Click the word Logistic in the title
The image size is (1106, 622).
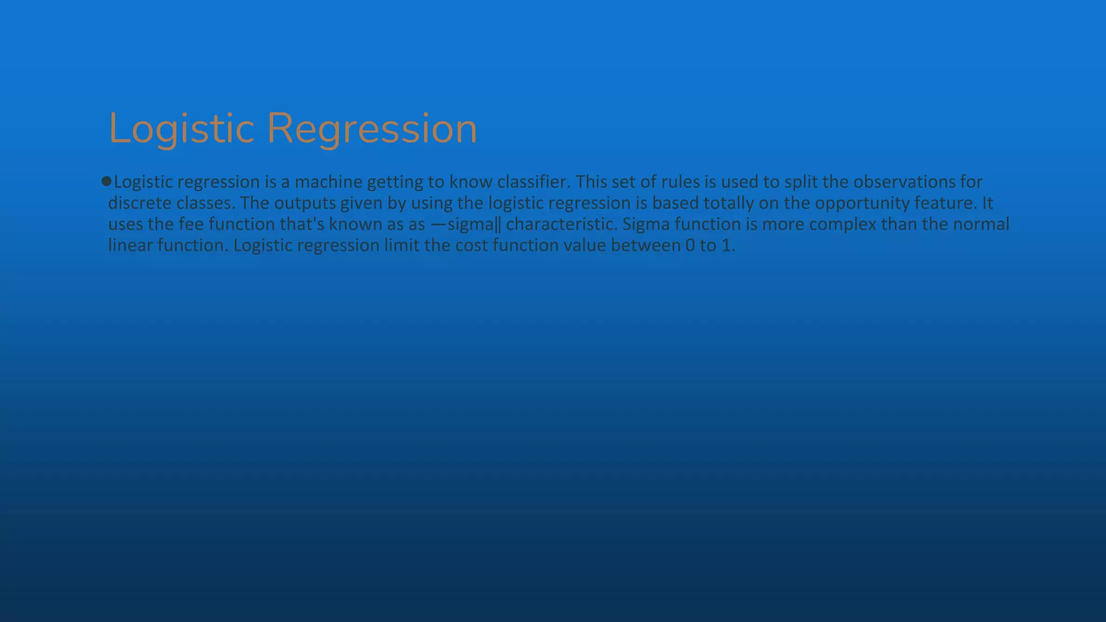click(181, 129)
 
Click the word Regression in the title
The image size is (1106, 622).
click(372, 129)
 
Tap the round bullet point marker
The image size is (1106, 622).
click(106, 181)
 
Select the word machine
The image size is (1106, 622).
click(328, 182)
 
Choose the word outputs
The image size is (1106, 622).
click(305, 203)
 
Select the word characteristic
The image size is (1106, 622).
click(561, 224)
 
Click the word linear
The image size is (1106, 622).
click(130, 245)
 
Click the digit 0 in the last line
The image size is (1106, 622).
click(690, 246)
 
